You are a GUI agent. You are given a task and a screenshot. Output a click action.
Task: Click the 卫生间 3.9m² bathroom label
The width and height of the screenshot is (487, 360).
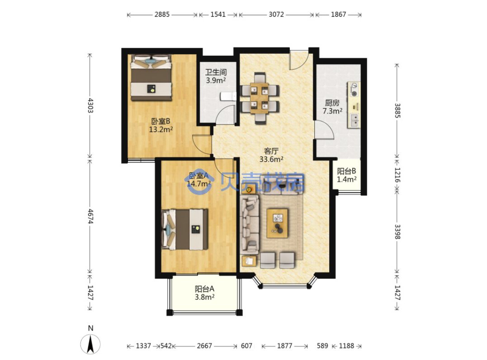(x=216, y=76)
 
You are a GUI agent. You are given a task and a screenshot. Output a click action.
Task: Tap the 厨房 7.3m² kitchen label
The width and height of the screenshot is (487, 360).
(x=332, y=107)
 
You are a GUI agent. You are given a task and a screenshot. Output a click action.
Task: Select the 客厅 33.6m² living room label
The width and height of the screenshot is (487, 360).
(x=271, y=155)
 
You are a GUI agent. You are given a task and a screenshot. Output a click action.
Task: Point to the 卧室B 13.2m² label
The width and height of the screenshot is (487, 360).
(x=161, y=125)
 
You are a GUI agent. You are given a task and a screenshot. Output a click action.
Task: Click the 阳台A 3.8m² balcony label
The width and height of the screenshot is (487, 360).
(x=204, y=293)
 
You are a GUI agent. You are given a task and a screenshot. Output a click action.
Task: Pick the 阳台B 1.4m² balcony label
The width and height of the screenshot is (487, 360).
(x=347, y=175)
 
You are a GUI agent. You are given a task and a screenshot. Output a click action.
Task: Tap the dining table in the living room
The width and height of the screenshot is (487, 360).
(x=260, y=98)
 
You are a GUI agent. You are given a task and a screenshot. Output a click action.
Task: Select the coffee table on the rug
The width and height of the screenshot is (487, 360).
(x=277, y=223)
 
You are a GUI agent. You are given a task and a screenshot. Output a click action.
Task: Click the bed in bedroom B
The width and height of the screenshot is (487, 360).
(x=151, y=78)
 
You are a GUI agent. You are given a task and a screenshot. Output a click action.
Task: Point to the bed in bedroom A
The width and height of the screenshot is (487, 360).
(x=185, y=229)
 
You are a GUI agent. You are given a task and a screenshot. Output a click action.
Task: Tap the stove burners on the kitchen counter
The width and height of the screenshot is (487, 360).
(x=354, y=90)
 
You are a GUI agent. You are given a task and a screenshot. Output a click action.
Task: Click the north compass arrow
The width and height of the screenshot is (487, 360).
(x=90, y=344)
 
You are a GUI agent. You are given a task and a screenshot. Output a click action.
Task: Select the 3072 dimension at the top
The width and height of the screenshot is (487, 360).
(x=276, y=14)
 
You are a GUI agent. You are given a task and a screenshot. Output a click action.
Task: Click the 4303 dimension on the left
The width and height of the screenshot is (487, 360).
(x=90, y=105)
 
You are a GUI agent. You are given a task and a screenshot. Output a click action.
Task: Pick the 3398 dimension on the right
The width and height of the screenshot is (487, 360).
(x=397, y=232)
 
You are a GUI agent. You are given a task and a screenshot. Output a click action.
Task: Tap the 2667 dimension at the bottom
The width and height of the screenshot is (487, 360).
(x=204, y=346)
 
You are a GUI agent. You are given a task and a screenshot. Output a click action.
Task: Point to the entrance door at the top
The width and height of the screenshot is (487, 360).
(x=299, y=60)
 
